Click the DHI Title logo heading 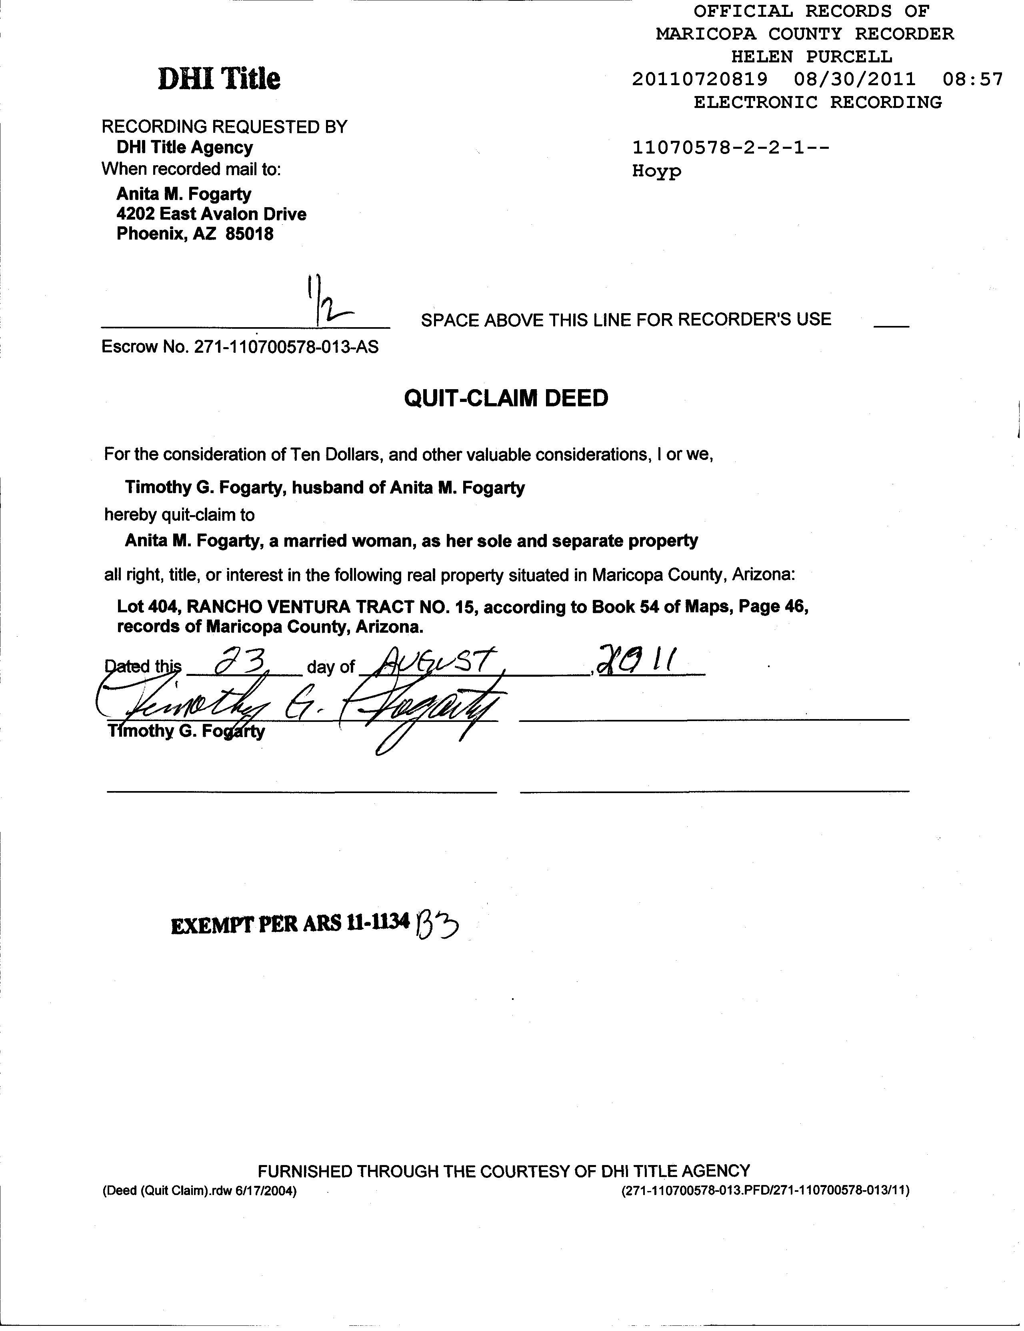219,79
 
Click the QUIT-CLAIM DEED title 506,399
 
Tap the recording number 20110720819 700,79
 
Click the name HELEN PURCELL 811,57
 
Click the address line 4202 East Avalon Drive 212,214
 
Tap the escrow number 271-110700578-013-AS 286,348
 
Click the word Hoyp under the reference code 656,171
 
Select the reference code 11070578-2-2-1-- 731,148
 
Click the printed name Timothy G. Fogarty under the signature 186,731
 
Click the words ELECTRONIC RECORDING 817,102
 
